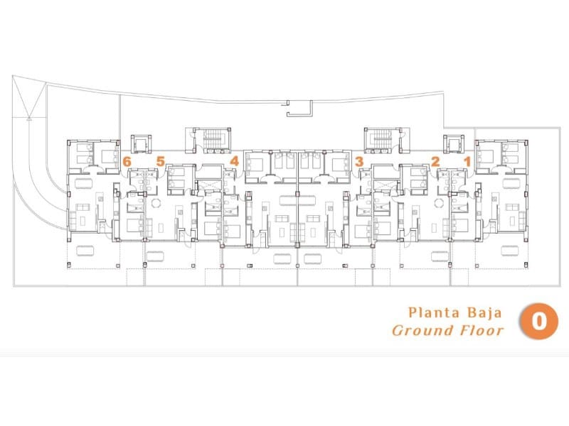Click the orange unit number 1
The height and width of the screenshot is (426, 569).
click(x=467, y=162)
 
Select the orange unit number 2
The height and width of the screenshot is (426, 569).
click(x=435, y=162)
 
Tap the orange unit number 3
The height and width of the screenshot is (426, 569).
click(x=359, y=162)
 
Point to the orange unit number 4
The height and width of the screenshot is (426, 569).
click(x=235, y=161)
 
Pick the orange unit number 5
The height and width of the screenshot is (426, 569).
click(x=161, y=161)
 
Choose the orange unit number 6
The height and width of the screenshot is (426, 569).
click(x=127, y=162)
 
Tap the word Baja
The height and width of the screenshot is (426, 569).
click(x=485, y=313)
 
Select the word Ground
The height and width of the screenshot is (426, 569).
click(x=423, y=330)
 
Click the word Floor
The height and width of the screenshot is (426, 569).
click(x=482, y=330)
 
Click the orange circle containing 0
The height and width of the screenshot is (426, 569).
click(x=539, y=322)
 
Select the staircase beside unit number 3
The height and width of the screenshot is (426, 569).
click(x=381, y=140)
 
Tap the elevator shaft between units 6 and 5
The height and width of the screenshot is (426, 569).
click(x=141, y=144)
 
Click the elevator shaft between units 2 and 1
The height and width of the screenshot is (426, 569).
click(x=454, y=144)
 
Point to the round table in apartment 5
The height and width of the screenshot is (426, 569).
click(x=156, y=203)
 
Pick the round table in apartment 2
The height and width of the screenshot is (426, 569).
click(x=439, y=203)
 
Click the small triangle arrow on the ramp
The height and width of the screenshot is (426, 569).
click(x=29, y=118)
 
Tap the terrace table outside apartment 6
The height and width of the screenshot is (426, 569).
click(x=85, y=251)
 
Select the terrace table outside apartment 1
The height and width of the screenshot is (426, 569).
click(x=510, y=251)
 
